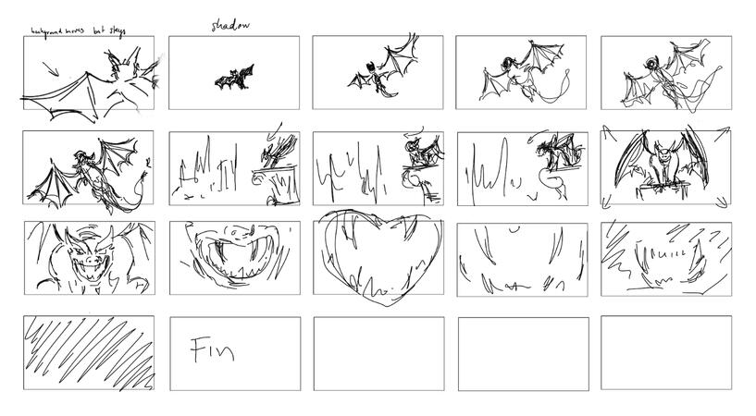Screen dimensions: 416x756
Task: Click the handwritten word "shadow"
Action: [x=230, y=25]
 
